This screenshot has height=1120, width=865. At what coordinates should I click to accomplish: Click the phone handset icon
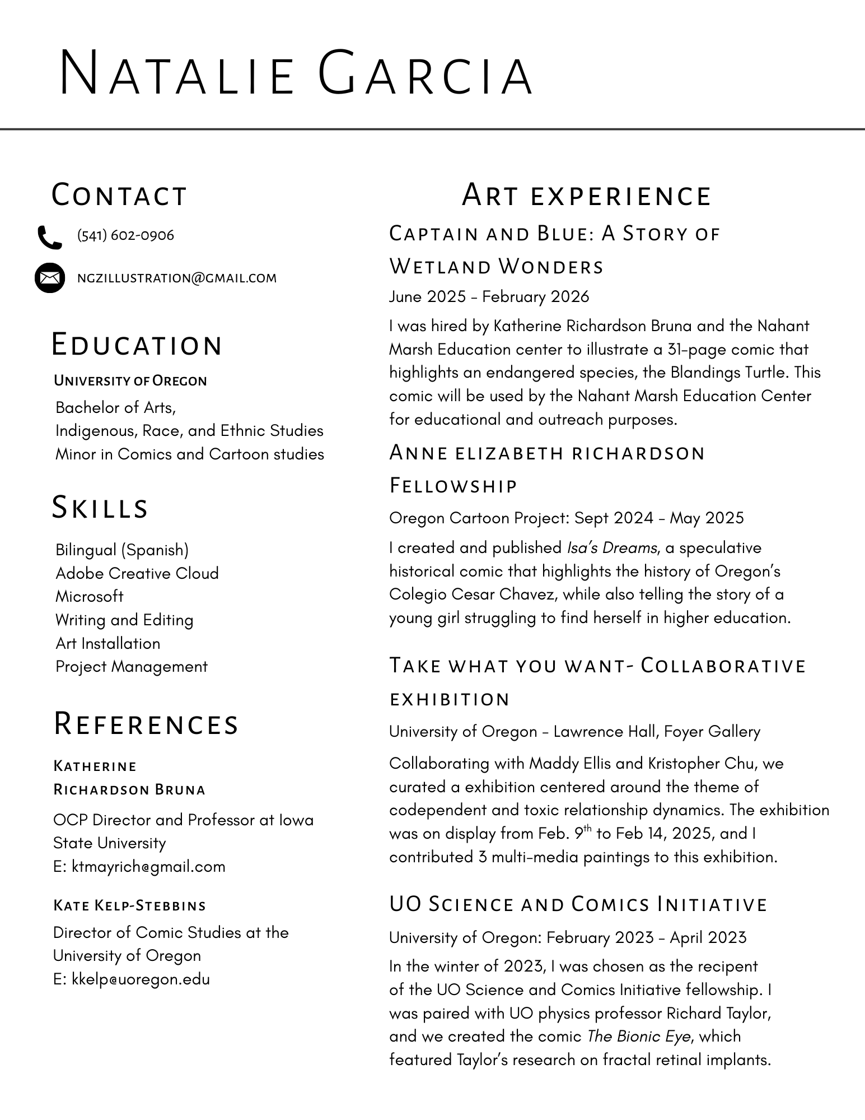click(x=49, y=237)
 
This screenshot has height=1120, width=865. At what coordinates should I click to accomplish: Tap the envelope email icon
click(x=50, y=277)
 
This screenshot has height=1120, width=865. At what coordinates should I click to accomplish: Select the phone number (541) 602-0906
click(x=125, y=235)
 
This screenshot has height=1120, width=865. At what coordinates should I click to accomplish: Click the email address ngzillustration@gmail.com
click(x=177, y=278)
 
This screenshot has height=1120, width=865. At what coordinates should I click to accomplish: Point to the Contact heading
click(x=119, y=195)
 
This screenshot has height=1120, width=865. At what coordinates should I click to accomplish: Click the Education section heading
click(x=137, y=345)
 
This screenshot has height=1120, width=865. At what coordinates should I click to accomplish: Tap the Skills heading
click(x=100, y=507)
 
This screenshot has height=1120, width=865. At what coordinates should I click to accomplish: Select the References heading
click(x=146, y=723)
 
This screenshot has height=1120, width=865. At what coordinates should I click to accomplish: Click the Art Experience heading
click(x=586, y=195)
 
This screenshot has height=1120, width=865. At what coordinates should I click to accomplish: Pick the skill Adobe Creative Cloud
click(x=137, y=573)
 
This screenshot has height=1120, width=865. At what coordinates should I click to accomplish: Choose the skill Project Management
click(x=132, y=667)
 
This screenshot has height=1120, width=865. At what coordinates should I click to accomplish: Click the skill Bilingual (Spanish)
click(x=122, y=550)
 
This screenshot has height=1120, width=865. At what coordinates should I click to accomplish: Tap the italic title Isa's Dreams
click(x=612, y=547)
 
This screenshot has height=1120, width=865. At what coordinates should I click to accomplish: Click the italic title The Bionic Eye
click(x=639, y=1037)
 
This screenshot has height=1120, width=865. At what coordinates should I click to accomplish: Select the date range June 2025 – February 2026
click(x=489, y=296)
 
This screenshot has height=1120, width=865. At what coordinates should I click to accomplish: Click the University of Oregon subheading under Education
click(x=130, y=381)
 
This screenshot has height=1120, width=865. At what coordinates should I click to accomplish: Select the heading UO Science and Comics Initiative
click(x=578, y=904)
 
